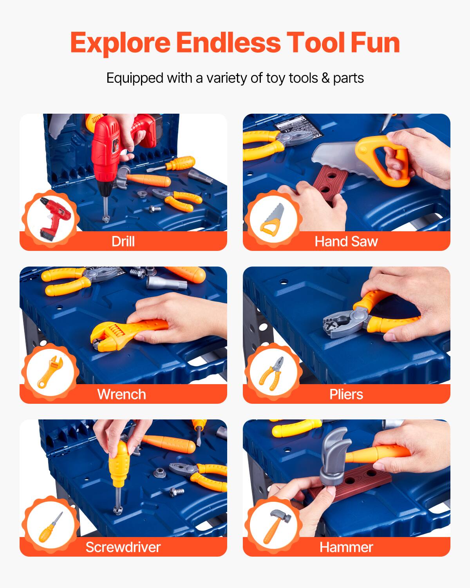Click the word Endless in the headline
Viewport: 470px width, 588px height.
(x=228, y=43)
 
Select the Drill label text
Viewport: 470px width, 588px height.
(x=123, y=241)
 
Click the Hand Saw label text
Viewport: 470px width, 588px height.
(x=346, y=241)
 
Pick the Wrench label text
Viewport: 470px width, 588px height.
(x=121, y=394)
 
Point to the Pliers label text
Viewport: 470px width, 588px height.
(x=346, y=394)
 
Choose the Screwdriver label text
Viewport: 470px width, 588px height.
(x=123, y=547)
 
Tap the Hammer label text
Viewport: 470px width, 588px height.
(x=346, y=547)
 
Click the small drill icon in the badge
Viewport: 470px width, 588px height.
(x=55, y=218)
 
